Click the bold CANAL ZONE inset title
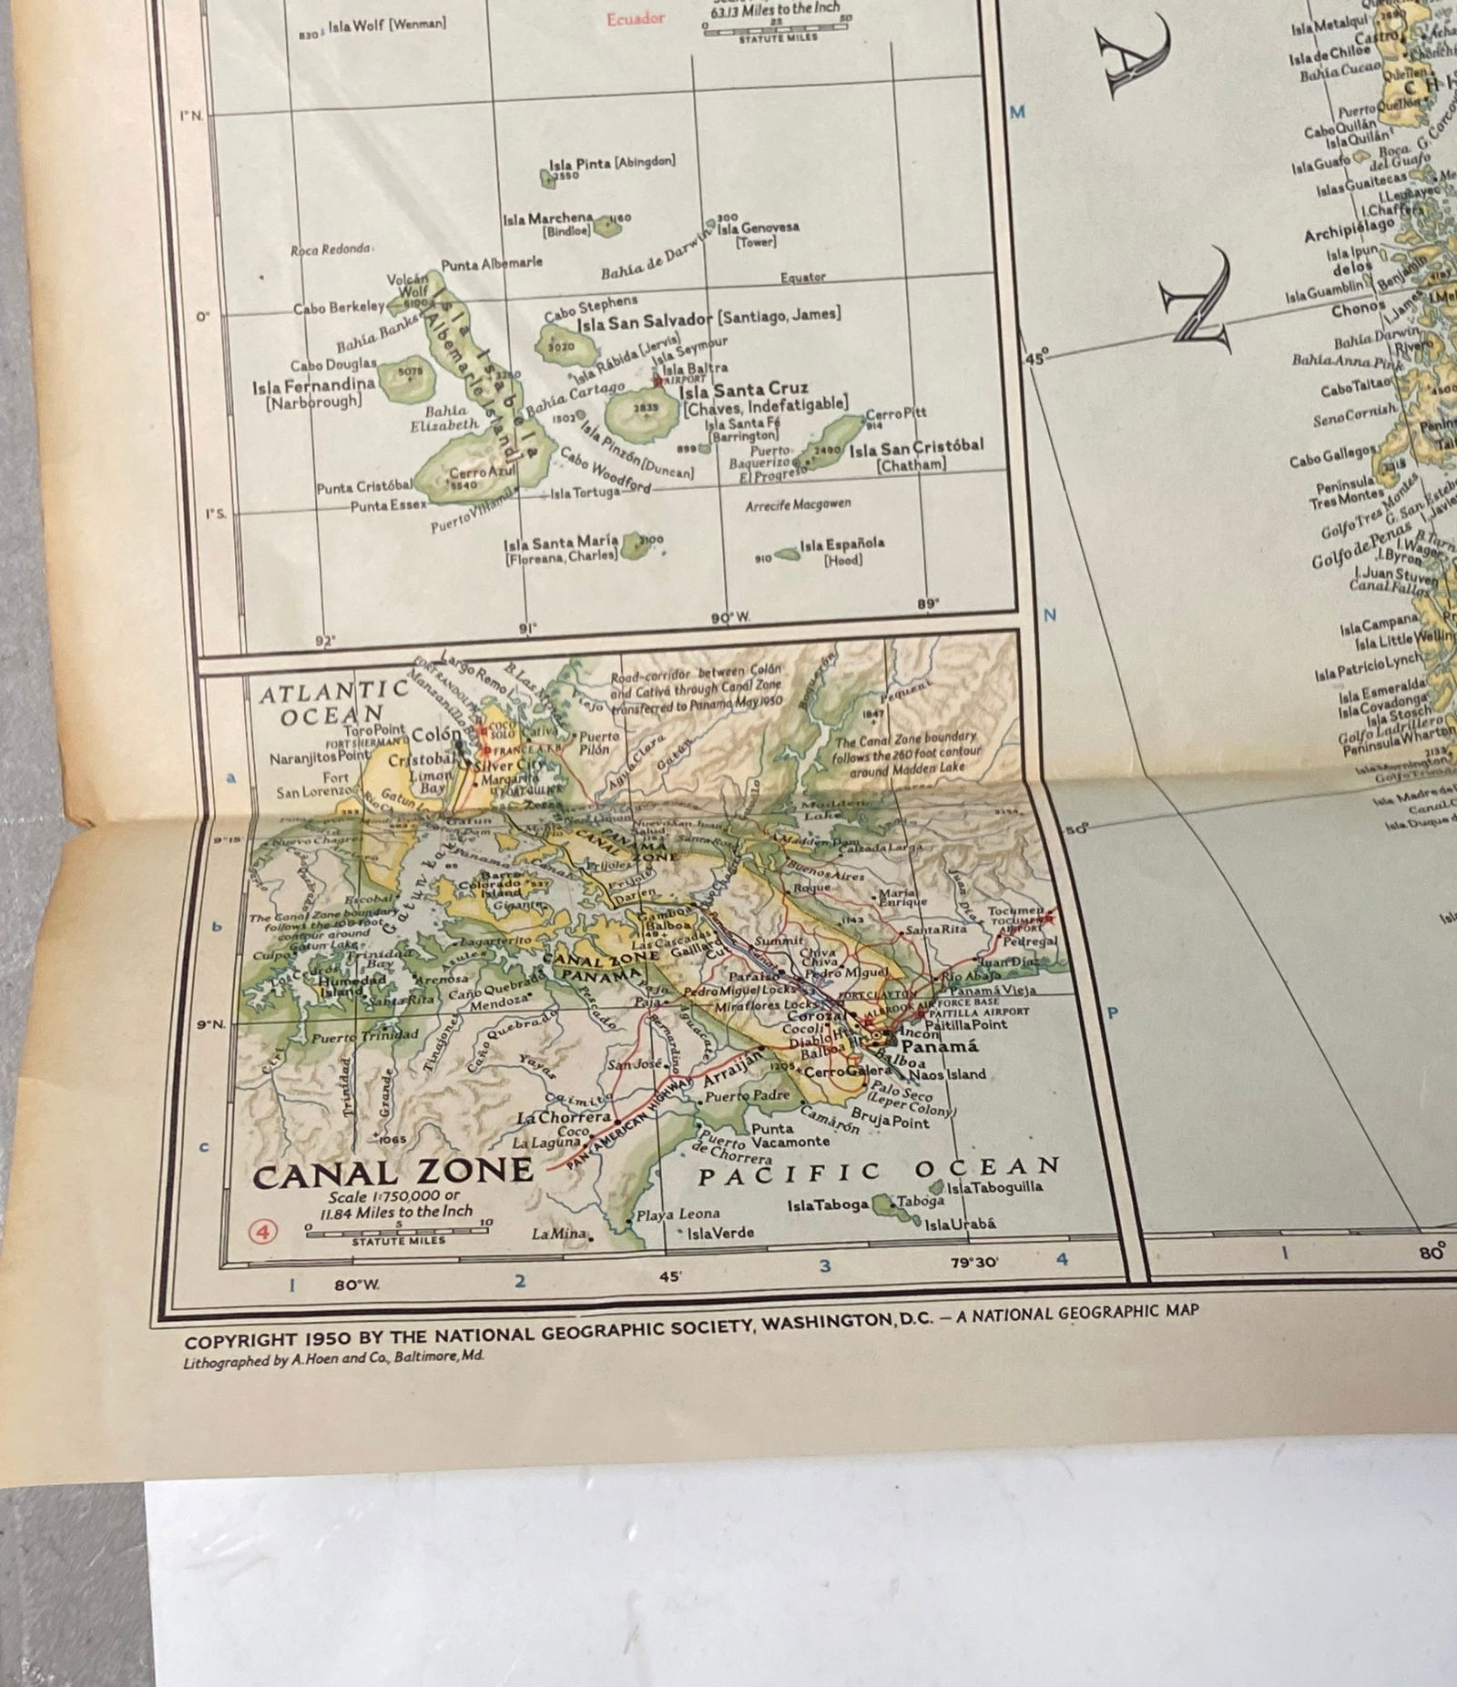pos(392,1173)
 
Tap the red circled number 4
pos(263,1232)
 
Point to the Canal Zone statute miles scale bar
pos(399,1229)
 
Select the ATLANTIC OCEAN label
pos(332,704)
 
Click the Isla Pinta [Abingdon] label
pos(612,163)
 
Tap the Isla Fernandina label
pos(313,386)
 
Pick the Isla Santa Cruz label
pos(743,389)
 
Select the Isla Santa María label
pos(561,543)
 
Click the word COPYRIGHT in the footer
pos(241,1341)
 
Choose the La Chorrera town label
pos(564,1117)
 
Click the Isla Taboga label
pos(828,1205)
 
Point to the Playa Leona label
pos(678,1214)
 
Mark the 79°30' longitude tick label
pos(973,1262)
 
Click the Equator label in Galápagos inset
pos(802,278)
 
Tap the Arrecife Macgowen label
pos(798,504)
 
